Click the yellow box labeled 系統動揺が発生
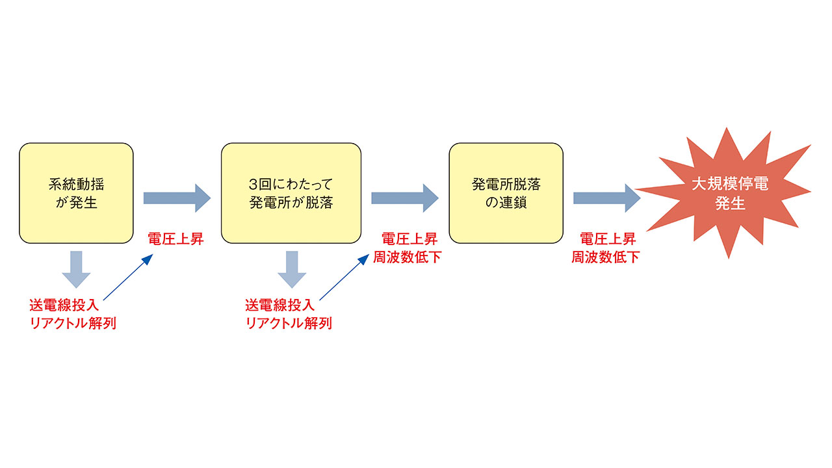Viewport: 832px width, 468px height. (76, 193)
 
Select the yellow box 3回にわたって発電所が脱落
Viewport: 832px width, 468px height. (291, 193)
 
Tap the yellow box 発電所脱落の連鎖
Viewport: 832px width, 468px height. (506, 193)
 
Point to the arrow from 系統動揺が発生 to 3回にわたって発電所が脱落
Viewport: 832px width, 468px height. (177, 198)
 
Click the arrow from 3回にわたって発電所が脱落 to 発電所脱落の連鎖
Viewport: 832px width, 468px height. (405, 198)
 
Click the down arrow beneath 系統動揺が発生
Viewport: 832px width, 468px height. (76, 269)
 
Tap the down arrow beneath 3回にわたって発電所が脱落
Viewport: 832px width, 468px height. (292, 269)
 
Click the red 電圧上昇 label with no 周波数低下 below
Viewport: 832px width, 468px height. (175, 239)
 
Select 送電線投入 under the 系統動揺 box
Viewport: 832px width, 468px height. (64, 305)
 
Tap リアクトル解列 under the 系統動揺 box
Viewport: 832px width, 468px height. (73, 323)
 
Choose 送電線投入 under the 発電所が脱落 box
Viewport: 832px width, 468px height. (280, 305)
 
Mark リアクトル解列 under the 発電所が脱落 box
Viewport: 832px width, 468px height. (289, 323)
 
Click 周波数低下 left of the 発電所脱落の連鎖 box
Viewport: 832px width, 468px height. (407, 257)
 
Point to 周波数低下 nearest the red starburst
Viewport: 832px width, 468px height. (605, 257)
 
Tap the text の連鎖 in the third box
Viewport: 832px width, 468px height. (506, 203)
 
